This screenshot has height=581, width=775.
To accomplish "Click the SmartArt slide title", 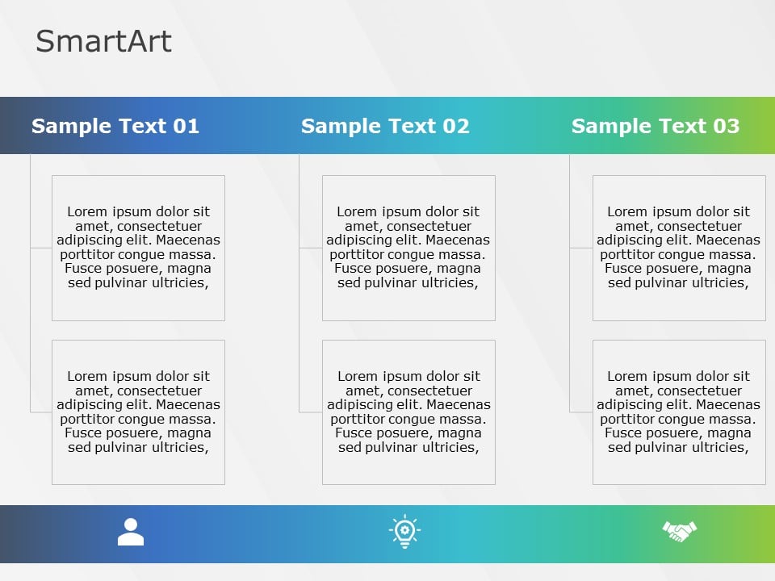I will click(103, 41).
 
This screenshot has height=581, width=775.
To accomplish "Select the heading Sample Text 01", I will click(115, 126).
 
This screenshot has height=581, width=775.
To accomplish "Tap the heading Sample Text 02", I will click(385, 126).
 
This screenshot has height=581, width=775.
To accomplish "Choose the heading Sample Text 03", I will click(655, 126).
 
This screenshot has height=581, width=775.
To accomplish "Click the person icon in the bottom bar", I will click(131, 532).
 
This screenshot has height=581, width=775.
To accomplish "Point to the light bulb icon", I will click(404, 532).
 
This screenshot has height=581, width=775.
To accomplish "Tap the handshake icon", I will click(679, 531).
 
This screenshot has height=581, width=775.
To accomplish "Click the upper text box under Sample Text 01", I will click(138, 248).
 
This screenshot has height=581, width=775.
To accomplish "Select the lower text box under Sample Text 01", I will click(138, 412).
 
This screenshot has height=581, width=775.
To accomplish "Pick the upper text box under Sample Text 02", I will click(408, 248).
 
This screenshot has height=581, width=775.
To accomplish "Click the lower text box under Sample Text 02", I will click(408, 412).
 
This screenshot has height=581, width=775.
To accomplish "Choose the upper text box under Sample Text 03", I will click(679, 248).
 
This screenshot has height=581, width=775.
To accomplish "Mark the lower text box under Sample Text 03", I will click(679, 412).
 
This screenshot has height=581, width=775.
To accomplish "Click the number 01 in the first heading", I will click(186, 126).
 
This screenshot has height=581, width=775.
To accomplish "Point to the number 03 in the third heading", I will click(726, 126).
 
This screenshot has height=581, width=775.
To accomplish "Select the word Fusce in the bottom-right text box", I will click(622, 433).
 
